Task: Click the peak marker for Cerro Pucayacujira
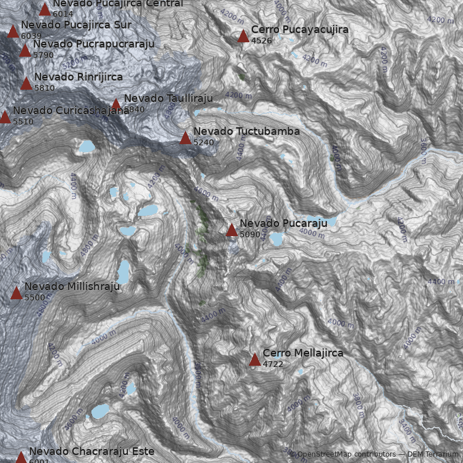coord(243,36)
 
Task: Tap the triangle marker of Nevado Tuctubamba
coord(185,138)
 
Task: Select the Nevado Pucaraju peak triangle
coord(231,230)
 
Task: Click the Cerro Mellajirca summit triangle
coord(255,360)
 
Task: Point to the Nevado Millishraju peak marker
coord(16,293)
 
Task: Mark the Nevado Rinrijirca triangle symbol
coord(26,84)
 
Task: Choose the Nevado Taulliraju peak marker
coord(116,105)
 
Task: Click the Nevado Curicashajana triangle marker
coord(5,117)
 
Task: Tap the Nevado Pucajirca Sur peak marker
coord(13,32)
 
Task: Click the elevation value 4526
coord(261,41)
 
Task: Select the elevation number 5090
coord(249,235)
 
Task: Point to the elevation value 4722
coord(273,364)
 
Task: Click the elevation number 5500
coord(34,297)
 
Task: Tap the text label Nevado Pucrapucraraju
coord(94,44)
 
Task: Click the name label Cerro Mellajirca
coord(303,352)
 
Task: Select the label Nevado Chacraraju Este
coord(91,451)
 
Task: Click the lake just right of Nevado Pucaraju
coord(276,238)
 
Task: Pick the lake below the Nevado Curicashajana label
coord(87,146)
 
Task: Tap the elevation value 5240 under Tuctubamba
coord(204,142)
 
